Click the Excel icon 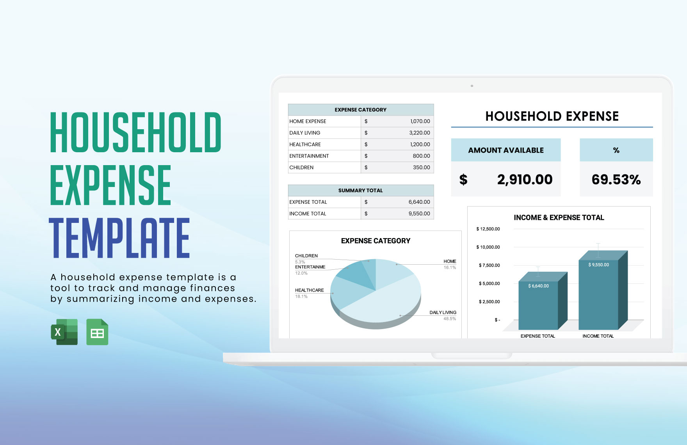point(64,332)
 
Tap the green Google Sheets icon point(97,332)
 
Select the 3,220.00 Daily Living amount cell point(419,133)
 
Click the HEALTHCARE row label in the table point(305,144)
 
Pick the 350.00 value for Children point(421,167)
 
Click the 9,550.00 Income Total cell point(419,214)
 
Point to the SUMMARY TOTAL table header point(360,190)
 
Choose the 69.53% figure point(616,180)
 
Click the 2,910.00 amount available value point(525,180)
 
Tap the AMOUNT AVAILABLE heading point(506,150)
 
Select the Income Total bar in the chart point(598,297)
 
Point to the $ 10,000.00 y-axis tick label point(488,247)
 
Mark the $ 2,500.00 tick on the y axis point(489,302)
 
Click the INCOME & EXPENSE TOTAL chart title point(559,218)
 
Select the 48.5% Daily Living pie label point(449,319)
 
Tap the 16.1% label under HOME point(450,268)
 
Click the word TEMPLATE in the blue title point(119,238)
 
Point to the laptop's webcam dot point(472,86)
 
